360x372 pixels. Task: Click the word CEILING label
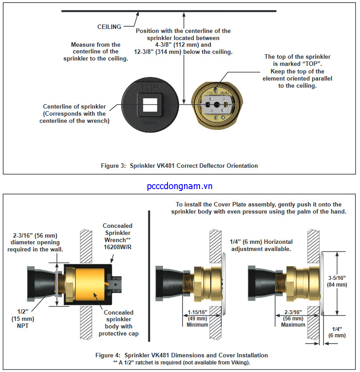tap(109, 27)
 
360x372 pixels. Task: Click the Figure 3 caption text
tap(179, 166)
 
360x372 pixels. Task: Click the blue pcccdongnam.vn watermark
tap(180, 186)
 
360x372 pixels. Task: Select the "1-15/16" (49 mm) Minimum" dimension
tap(197, 318)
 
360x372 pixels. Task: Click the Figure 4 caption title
tap(182, 355)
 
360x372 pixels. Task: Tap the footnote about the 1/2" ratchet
tap(182, 362)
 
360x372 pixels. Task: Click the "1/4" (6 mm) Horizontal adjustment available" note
tap(260, 245)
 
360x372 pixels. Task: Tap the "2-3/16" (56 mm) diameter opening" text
tap(35, 242)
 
